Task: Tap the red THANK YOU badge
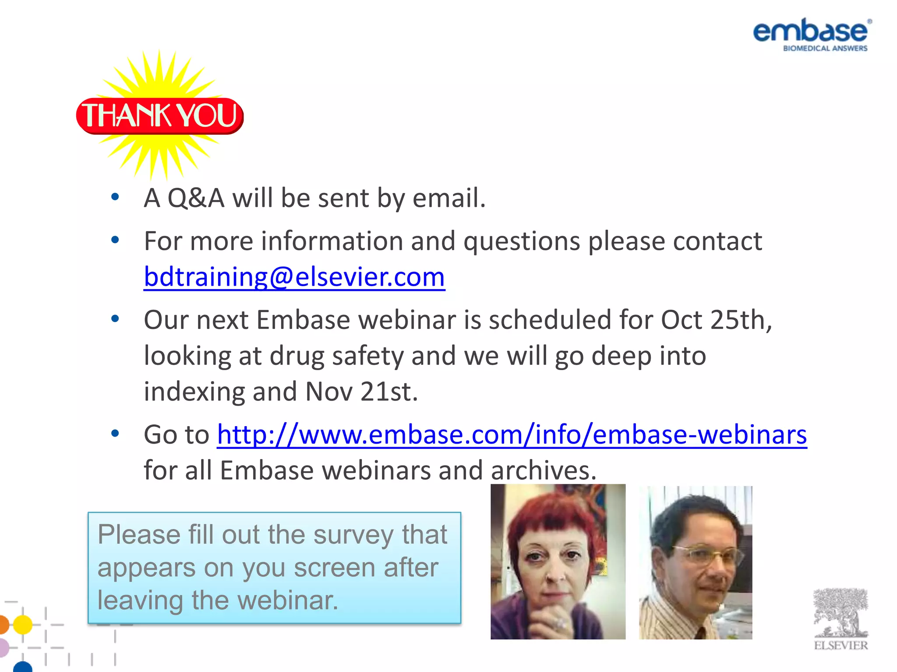(160, 115)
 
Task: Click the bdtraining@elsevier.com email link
(294, 277)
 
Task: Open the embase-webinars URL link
(512, 435)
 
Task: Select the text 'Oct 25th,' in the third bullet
(717, 320)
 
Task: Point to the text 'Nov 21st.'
(361, 392)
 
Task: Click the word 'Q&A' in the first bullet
(196, 198)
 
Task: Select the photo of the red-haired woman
(558, 562)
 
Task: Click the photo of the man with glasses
(695, 563)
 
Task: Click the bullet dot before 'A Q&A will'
(115, 197)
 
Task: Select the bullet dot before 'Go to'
(115, 434)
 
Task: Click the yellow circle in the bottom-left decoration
(23, 624)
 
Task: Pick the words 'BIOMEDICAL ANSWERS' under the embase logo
(825, 49)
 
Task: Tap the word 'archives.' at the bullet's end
(544, 471)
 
